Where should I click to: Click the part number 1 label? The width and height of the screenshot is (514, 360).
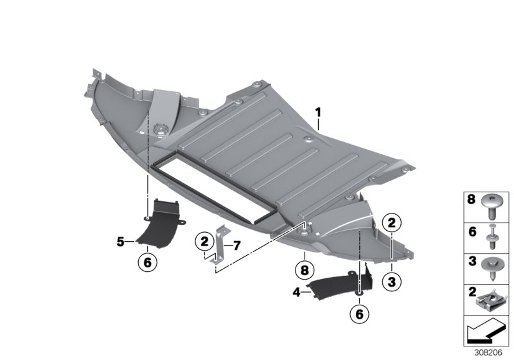click(317, 113)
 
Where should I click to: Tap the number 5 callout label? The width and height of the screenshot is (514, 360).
click(121, 242)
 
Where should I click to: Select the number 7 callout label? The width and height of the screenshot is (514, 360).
click(237, 245)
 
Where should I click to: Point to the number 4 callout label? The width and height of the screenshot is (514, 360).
click(297, 292)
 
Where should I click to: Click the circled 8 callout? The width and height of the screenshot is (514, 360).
click(305, 271)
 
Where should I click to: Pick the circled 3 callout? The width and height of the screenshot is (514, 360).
click(392, 282)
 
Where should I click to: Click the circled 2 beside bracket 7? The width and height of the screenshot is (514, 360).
click(204, 242)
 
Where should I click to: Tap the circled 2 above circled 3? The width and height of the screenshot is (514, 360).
click(392, 223)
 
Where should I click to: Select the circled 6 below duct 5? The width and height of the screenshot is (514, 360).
click(148, 262)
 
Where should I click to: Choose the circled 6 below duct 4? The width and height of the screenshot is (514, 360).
click(360, 314)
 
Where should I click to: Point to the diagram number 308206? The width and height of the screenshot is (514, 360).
click(488, 353)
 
